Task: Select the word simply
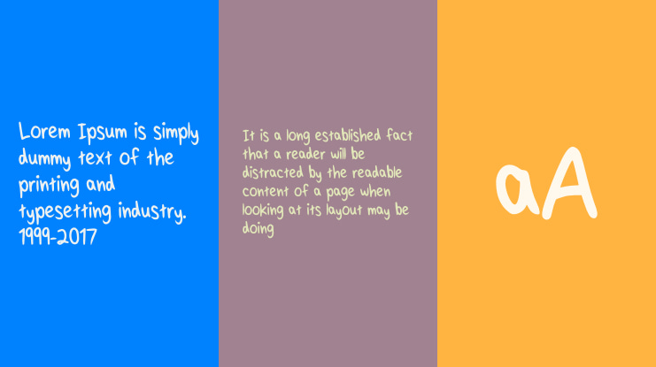coord(175,134)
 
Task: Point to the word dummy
coord(46,160)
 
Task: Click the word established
coord(341,135)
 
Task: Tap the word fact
coord(397,135)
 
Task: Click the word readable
coord(382,172)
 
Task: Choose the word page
coord(337,192)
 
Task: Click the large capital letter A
coord(568,184)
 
